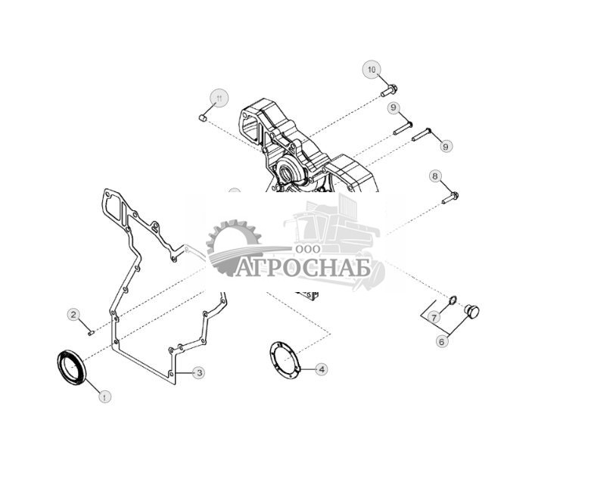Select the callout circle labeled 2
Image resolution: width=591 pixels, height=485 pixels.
pyautogui.click(x=73, y=314)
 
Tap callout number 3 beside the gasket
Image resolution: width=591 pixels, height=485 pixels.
pyautogui.click(x=198, y=372)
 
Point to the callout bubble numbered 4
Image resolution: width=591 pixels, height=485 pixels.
pyautogui.click(x=322, y=369)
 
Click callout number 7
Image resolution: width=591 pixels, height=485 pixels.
pyautogui.click(x=434, y=317)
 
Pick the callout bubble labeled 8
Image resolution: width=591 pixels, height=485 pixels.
pyautogui.click(x=434, y=176)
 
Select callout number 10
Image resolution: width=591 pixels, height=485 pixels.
pyautogui.click(x=372, y=70)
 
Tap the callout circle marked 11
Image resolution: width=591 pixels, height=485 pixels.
pyautogui.click(x=219, y=98)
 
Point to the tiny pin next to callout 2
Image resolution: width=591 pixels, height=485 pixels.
pyautogui.click(x=90, y=329)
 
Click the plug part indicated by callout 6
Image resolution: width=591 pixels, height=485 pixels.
pyautogui.click(x=471, y=310)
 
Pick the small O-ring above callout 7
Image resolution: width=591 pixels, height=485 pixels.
pyautogui.click(x=452, y=301)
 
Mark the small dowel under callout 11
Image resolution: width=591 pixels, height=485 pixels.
pyautogui.click(x=203, y=118)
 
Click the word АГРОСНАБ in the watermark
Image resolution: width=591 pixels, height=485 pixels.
pyautogui.click(x=302, y=268)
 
